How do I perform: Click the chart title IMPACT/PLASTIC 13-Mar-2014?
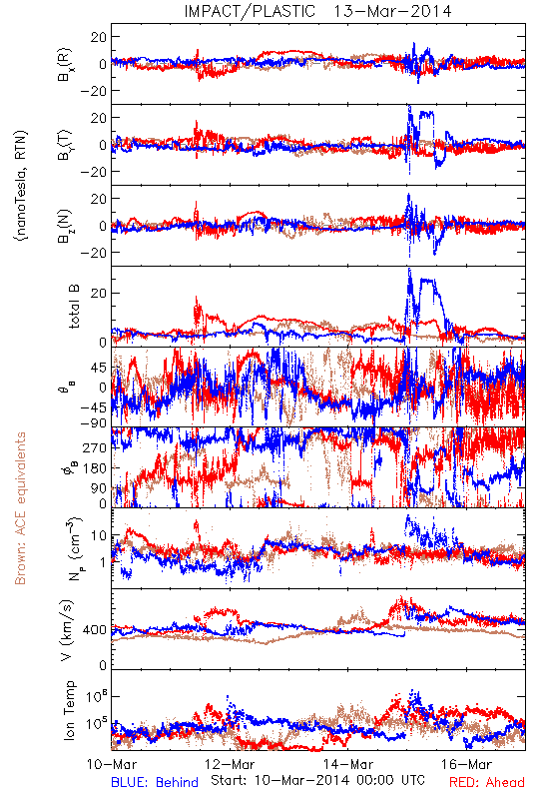click(317, 11)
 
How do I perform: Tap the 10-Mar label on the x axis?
click(112, 764)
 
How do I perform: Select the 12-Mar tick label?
click(230, 764)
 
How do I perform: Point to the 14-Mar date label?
click(348, 764)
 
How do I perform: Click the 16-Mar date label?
click(466, 764)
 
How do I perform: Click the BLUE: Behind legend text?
click(155, 782)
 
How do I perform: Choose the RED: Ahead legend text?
click(487, 782)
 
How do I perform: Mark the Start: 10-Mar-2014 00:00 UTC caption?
click(317, 780)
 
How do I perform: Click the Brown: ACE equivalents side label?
click(20, 508)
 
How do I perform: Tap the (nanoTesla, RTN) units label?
click(21, 186)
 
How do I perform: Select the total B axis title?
click(73, 307)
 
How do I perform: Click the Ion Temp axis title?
click(69, 710)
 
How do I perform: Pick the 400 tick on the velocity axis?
click(95, 630)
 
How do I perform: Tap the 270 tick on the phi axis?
click(95, 447)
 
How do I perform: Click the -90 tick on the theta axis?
click(93, 422)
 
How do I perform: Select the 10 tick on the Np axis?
click(99, 536)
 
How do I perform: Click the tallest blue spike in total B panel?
click(409, 269)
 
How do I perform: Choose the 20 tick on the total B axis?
click(99, 293)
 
